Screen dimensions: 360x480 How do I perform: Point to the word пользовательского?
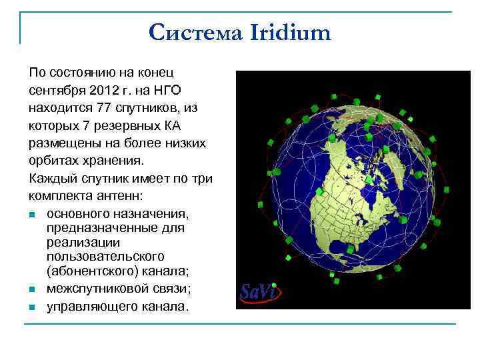[106, 257]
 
